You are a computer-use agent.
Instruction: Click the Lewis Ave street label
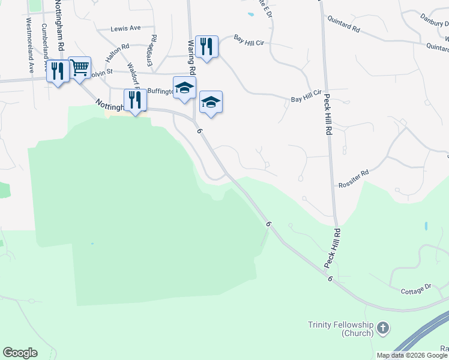pyautogui.click(x=125, y=28)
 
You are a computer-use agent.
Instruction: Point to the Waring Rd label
pyautogui.click(x=191, y=57)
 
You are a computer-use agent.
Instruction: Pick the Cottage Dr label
pyautogui.click(x=416, y=291)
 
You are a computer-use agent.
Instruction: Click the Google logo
pyautogui.click(x=20, y=353)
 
